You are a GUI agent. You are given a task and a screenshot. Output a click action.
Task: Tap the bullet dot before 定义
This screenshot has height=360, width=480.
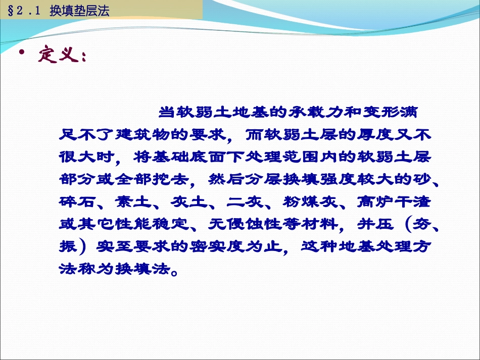tap(21, 53)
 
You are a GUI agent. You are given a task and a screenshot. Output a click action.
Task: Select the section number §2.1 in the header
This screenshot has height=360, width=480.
tap(24, 11)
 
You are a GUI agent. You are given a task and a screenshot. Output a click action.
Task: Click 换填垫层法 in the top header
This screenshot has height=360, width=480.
tap(79, 11)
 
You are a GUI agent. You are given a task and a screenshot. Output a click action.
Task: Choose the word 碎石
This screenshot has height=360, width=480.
tap(77, 202)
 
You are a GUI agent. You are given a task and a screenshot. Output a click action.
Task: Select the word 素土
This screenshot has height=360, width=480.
tap(133, 202)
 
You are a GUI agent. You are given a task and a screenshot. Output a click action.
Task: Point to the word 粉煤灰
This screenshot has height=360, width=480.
tap(310, 202)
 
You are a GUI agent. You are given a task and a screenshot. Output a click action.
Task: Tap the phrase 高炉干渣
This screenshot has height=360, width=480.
tap(394, 202)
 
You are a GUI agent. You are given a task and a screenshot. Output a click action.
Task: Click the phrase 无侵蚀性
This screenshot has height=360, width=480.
tap(245, 224)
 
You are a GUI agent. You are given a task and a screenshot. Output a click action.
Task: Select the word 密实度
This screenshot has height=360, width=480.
tap(217, 246)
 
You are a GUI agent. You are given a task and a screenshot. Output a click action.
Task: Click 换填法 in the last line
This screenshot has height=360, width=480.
tap(142, 269)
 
